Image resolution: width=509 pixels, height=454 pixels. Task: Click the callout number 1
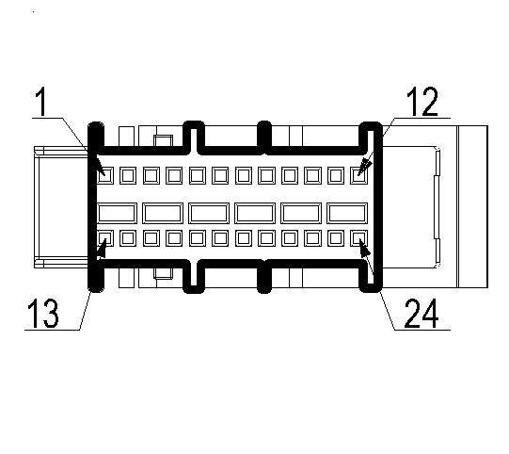(x=41, y=102)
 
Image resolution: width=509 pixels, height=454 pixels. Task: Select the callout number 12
(x=422, y=102)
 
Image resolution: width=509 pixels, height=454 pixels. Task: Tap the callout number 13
(x=43, y=314)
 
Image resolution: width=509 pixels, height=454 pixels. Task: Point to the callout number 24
(x=422, y=314)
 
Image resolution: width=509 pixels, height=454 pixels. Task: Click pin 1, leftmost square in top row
(x=105, y=175)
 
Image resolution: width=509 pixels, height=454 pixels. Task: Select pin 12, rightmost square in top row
(x=359, y=175)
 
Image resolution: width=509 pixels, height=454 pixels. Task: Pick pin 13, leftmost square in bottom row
(x=105, y=238)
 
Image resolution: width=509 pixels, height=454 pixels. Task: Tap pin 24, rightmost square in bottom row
(x=359, y=238)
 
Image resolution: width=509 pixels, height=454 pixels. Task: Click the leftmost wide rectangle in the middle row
(x=117, y=213)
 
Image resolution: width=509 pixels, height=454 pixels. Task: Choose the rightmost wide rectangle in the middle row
(x=347, y=213)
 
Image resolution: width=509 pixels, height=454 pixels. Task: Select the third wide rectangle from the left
(x=209, y=213)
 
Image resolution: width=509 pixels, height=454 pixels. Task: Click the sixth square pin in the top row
(x=220, y=175)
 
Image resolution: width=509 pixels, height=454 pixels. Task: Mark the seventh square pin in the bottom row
(x=244, y=238)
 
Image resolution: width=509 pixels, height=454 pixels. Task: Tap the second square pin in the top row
(x=128, y=175)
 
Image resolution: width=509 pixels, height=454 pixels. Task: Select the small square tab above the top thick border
(x=164, y=140)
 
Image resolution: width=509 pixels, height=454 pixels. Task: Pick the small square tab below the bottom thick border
(x=164, y=273)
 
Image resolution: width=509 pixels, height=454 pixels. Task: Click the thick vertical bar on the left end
(x=96, y=206)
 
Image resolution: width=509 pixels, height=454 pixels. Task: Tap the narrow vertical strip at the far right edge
(x=472, y=206)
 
